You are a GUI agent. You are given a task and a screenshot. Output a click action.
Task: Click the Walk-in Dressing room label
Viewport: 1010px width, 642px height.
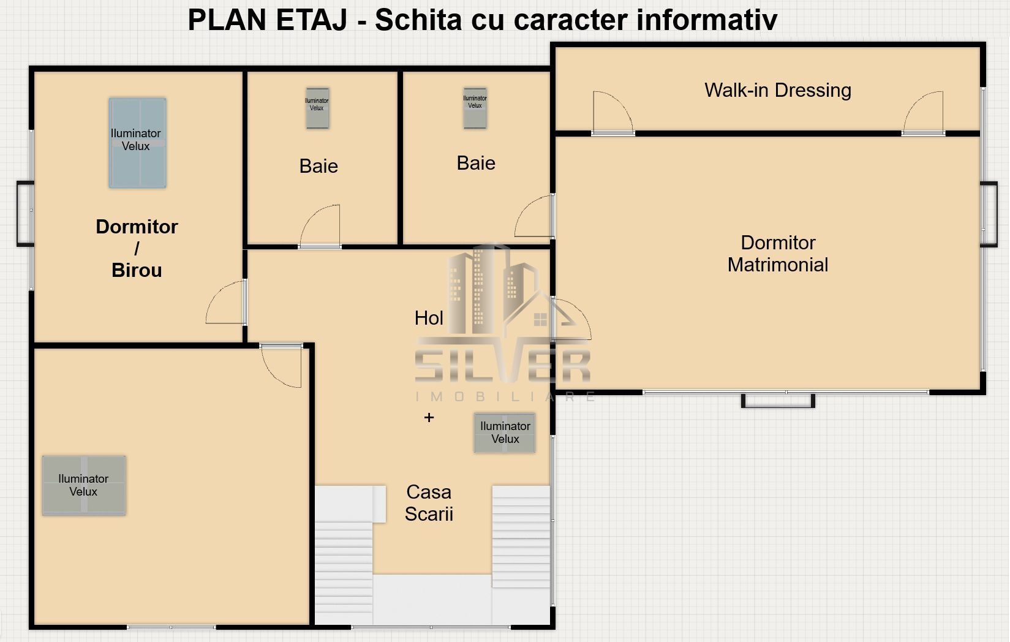(777, 91)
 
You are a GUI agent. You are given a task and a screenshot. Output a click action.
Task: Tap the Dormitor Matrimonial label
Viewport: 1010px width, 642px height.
(777, 254)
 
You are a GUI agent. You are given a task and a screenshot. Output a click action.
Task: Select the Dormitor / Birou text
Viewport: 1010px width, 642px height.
(137, 248)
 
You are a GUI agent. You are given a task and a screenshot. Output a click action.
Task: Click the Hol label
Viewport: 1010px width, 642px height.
(429, 318)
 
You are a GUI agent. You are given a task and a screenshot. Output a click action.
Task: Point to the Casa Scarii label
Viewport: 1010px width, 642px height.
(429, 503)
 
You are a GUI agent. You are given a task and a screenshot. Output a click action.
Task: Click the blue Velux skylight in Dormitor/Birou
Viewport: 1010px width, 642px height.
(137, 142)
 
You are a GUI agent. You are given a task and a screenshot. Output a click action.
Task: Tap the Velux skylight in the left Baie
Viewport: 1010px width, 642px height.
(317, 108)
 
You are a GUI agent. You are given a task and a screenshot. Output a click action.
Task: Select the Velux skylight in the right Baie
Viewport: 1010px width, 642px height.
(475, 107)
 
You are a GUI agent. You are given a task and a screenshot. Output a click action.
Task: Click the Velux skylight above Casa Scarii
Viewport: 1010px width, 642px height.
(505, 432)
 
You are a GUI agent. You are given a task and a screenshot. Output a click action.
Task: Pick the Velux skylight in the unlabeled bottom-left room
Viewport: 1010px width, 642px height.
(84, 485)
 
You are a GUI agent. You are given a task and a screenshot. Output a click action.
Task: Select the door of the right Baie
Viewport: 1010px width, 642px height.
(535, 217)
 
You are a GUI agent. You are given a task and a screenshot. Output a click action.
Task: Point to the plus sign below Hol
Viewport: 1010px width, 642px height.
(429, 418)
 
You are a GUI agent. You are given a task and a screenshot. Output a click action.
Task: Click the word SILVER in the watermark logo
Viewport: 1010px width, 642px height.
(502, 366)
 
